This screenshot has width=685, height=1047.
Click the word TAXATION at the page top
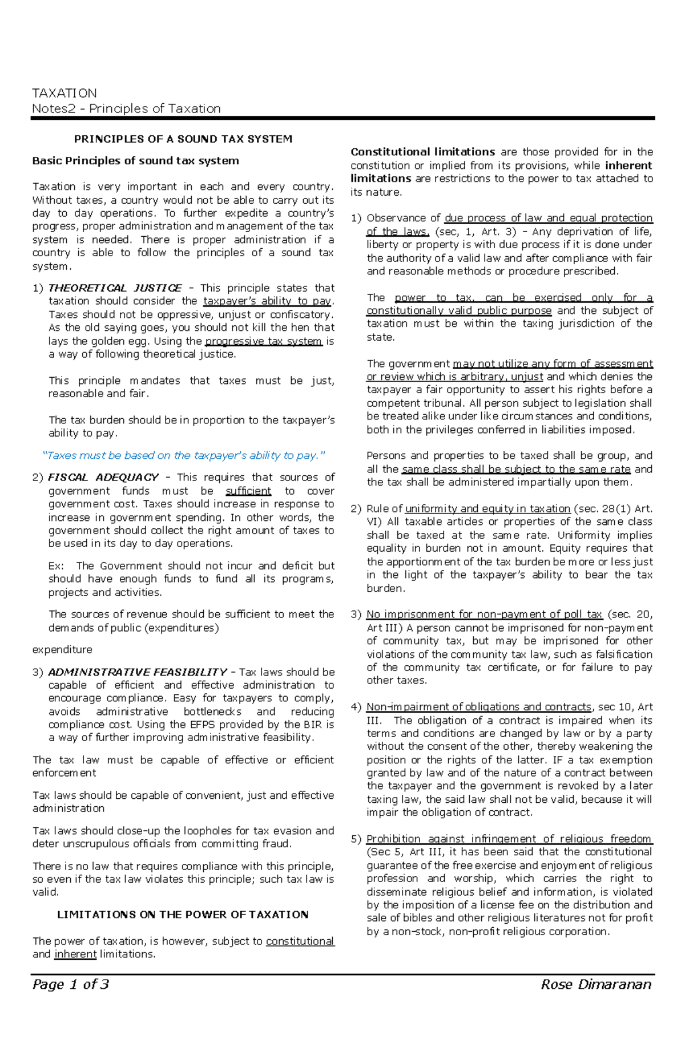point(64,93)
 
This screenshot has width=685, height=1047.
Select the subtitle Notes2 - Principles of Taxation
point(126,108)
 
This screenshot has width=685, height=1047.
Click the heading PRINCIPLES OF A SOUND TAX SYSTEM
point(183,139)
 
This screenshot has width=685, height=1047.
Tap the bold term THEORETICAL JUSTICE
point(115,288)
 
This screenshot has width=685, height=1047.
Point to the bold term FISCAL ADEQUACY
point(103,477)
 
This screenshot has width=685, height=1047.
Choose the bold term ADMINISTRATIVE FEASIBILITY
point(138,672)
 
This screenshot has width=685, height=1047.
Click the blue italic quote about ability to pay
point(184,455)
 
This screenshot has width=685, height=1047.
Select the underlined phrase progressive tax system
point(264,341)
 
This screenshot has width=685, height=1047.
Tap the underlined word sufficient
point(248,491)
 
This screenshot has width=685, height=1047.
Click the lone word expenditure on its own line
point(62,649)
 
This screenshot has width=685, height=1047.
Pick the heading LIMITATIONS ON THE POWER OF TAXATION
point(183,915)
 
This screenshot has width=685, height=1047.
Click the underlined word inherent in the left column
point(75,954)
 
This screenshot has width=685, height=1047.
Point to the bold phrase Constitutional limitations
point(422,152)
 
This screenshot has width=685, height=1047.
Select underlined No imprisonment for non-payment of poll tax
point(484,615)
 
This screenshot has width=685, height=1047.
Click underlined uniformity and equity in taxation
point(487,508)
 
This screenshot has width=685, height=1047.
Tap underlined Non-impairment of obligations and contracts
point(478,707)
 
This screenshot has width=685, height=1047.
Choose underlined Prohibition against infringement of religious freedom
point(509,839)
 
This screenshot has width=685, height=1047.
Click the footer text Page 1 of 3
point(71,984)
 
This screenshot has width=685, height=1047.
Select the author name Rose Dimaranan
point(596,984)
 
